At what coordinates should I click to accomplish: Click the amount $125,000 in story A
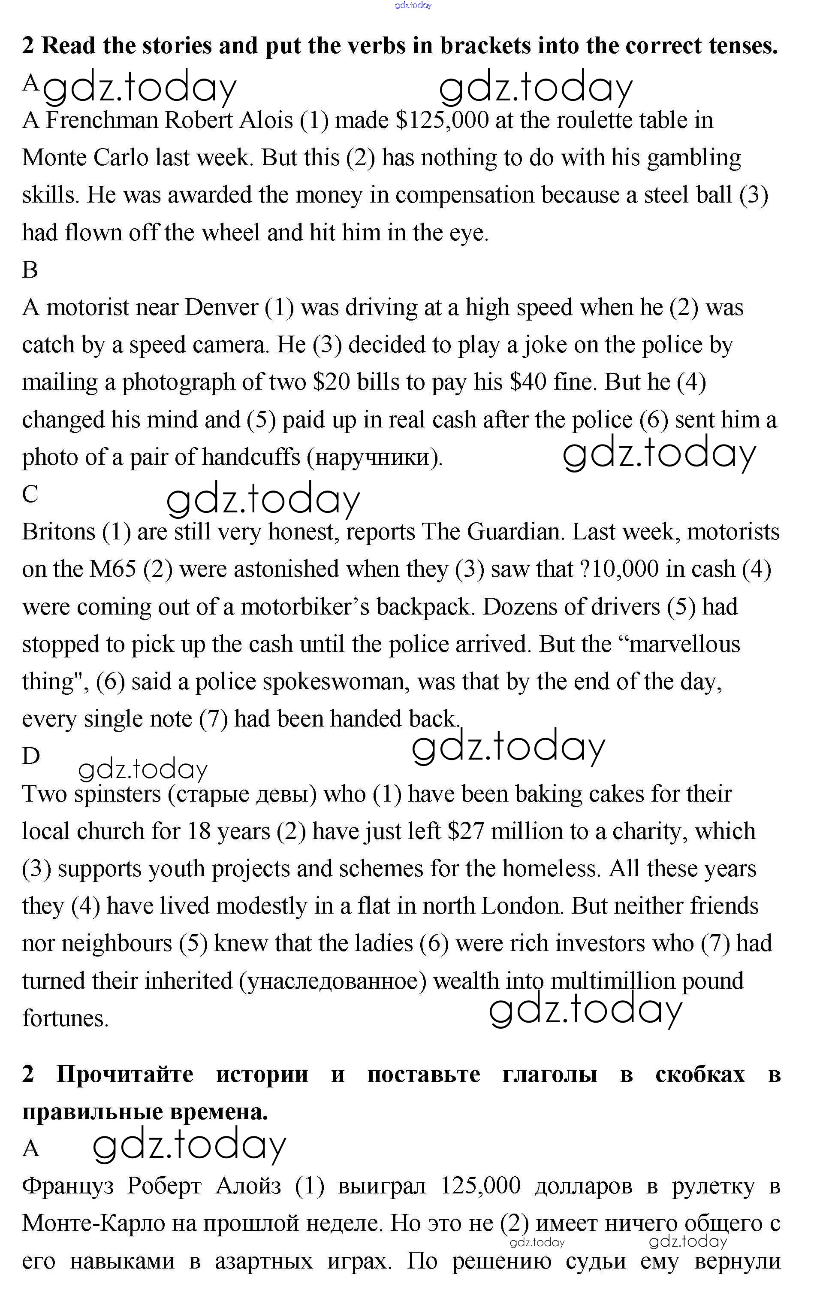tap(442, 120)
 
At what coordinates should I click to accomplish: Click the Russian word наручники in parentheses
tap(374, 457)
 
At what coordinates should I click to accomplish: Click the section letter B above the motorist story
tap(30, 270)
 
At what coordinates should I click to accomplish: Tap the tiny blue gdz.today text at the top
tap(413, 6)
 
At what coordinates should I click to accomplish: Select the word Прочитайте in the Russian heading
tap(124, 1075)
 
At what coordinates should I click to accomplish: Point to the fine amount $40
tap(528, 382)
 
